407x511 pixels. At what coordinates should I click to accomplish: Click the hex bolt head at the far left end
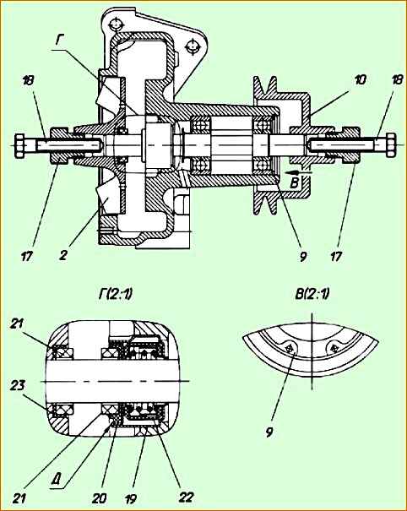(20, 145)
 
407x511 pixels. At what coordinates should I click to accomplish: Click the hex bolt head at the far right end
(390, 145)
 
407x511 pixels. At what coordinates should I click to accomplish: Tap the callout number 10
(360, 80)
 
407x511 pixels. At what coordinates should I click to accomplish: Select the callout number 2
(62, 255)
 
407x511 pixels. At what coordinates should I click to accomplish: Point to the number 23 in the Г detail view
(17, 385)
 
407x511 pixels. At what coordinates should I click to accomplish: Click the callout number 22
(186, 497)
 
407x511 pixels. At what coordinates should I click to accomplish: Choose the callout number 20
(99, 498)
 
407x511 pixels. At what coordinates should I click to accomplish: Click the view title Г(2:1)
(115, 295)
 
